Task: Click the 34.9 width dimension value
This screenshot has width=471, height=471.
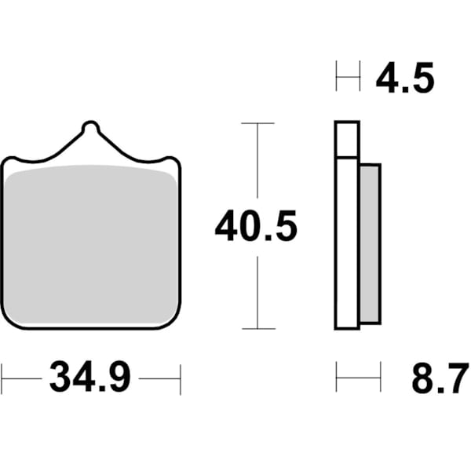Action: (90, 378)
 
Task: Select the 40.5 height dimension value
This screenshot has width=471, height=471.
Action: (257, 228)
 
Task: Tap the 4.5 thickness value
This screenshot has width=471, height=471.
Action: (404, 79)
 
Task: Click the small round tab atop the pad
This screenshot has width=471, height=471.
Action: (90, 126)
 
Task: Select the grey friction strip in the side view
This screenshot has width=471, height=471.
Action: (370, 244)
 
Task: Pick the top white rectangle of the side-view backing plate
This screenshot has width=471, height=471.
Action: (347, 140)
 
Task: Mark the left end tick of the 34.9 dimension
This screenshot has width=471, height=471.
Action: (2, 378)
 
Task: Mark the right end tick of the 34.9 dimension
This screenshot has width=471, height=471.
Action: (181, 378)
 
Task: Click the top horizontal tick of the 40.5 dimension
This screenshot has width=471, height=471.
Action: (257, 123)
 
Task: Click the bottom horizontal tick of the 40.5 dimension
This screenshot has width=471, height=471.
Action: (257, 328)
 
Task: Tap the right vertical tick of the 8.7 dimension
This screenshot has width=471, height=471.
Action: (381, 377)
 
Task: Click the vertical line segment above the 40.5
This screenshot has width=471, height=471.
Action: (257, 165)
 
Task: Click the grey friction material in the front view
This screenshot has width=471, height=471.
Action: (90, 243)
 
